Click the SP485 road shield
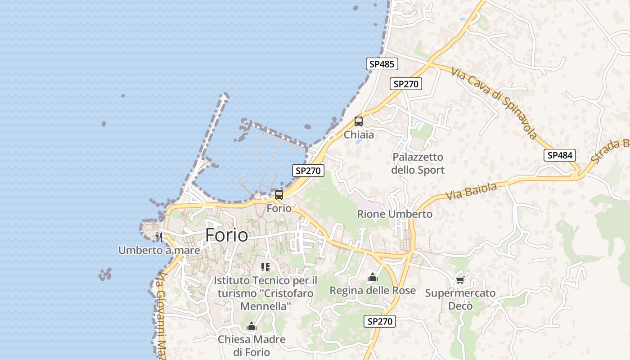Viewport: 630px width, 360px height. click(x=382, y=64)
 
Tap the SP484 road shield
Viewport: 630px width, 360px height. click(x=560, y=155)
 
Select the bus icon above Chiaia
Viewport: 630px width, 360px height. click(x=359, y=121)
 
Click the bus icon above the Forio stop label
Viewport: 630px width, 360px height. click(x=279, y=195)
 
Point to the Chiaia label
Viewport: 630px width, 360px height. click(x=359, y=135)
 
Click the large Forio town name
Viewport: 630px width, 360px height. click(x=226, y=235)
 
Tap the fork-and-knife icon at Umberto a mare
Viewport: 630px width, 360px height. click(x=158, y=237)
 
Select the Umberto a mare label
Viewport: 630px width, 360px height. click(x=152, y=250)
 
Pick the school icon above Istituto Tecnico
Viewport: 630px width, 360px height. click(x=265, y=268)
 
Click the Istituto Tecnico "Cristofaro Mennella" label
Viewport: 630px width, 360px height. click(x=265, y=293)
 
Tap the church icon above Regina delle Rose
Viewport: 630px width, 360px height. click(x=373, y=278)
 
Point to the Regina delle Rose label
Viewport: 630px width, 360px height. click(x=373, y=291)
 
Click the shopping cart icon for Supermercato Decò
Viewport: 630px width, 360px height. click(x=460, y=280)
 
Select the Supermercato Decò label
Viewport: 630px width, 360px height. click(x=460, y=299)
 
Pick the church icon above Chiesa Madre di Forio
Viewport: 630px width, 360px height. click(x=252, y=326)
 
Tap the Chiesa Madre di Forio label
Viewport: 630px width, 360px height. click(x=252, y=345)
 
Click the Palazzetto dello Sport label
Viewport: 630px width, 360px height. click(x=418, y=163)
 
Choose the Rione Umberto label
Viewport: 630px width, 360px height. click(x=395, y=214)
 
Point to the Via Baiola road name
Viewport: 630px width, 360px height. click(x=471, y=191)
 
